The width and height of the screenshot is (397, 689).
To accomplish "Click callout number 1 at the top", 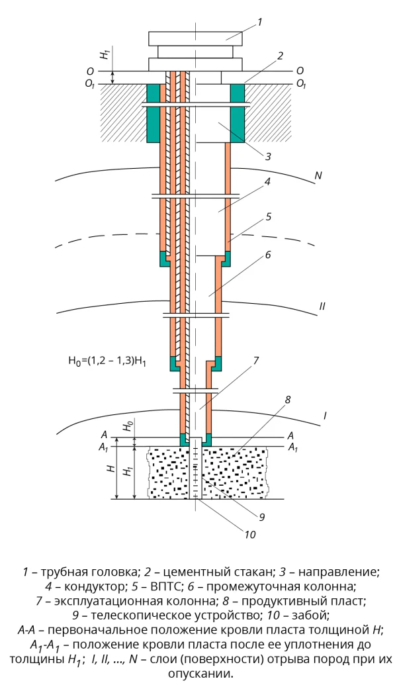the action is click(259, 22).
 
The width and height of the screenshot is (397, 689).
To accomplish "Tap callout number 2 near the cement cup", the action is click(280, 56).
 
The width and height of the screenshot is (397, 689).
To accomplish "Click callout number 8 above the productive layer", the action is click(288, 400).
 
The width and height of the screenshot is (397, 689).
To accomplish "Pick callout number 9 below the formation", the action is click(262, 517).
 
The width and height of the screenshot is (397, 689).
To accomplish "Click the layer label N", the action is click(318, 176).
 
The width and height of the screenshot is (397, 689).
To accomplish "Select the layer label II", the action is click(322, 306).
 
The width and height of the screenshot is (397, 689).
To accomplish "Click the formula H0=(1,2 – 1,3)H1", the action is click(107, 361).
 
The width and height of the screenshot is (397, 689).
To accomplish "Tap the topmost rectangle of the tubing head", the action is click(195, 38).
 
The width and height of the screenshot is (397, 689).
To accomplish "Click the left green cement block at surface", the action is click(153, 113).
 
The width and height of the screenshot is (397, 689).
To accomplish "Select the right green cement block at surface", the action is click(237, 113).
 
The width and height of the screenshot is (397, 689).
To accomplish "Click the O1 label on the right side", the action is click(301, 84).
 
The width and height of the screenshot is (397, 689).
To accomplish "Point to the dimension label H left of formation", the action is click(112, 469).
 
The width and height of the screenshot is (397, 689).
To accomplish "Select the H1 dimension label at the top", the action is click(104, 54).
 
